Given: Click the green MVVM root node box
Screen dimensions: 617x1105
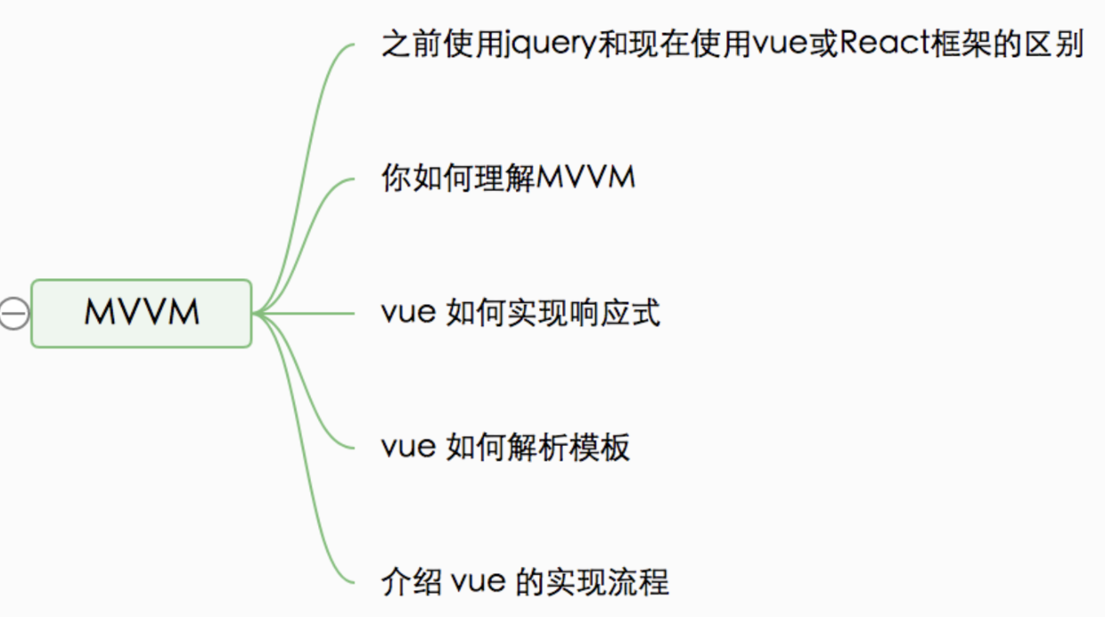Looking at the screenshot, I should [x=142, y=313].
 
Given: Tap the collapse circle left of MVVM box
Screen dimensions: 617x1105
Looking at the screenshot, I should [x=13, y=313].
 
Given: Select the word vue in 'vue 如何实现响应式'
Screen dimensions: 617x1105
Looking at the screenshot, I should [x=407, y=314].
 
